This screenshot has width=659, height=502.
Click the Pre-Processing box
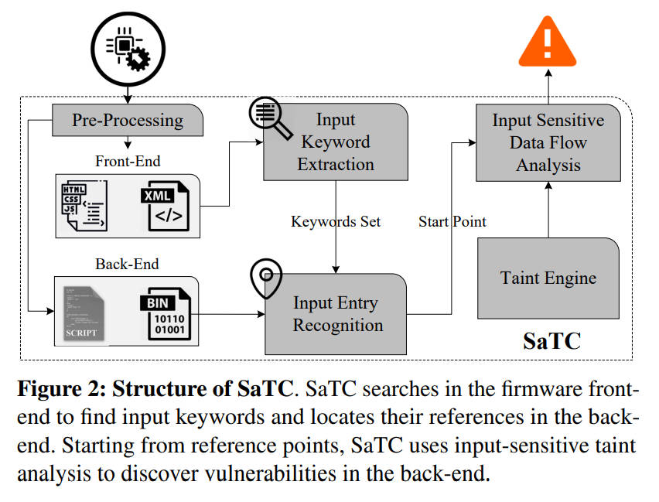(x=128, y=120)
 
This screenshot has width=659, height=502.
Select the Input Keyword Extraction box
(x=336, y=142)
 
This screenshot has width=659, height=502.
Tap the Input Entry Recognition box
(x=337, y=313)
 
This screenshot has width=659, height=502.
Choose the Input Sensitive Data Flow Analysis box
(x=548, y=142)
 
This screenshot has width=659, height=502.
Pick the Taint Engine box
(x=548, y=278)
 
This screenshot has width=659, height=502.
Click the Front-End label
(x=127, y=162)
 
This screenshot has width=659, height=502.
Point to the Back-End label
(x=127, y=264)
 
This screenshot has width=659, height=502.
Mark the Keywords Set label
(x=336, y=221)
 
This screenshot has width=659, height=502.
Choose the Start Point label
(x=452, y=221)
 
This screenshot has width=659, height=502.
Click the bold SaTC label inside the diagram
(x=550, y=341)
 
